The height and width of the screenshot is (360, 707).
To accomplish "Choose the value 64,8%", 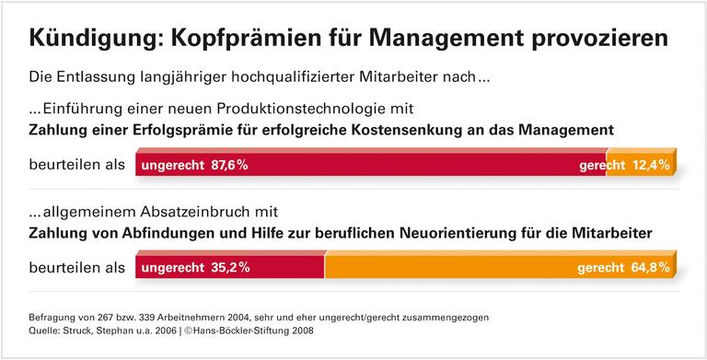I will (x=649, y=268).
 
